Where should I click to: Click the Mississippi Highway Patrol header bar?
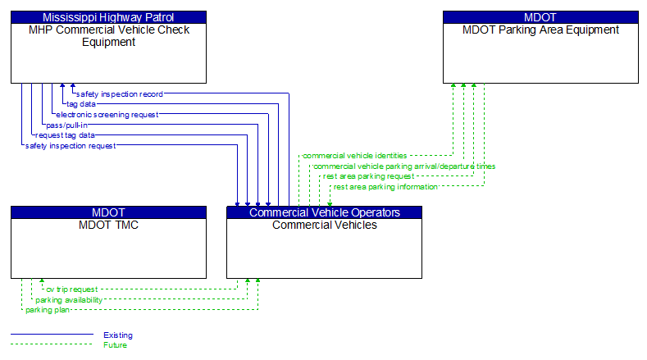click(108, 17)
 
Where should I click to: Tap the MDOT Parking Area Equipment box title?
click(540, 30)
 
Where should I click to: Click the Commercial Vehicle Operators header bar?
click(324, 212)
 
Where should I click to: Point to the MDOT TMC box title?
click(108, 225)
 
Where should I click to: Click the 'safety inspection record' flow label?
click(119, 94)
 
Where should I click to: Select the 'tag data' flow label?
click(81, 104)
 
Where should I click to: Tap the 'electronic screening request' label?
click(107, 115)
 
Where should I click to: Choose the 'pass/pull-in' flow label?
click(66, 125)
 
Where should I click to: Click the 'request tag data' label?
click(65, 134)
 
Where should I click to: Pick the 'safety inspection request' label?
click(70, 145)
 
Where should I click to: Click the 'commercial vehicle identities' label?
click(354, 155)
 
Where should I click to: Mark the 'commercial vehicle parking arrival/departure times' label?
click(404, 166)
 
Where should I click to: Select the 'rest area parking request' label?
click(368, 175)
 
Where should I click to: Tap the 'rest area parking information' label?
click(385, 186)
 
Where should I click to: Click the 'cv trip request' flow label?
click(71, 289)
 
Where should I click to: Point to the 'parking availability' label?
click(69, 300)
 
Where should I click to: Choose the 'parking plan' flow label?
click(48, 310)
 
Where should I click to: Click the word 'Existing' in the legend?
click(117, 335)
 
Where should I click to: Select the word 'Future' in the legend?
click(115, 344)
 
